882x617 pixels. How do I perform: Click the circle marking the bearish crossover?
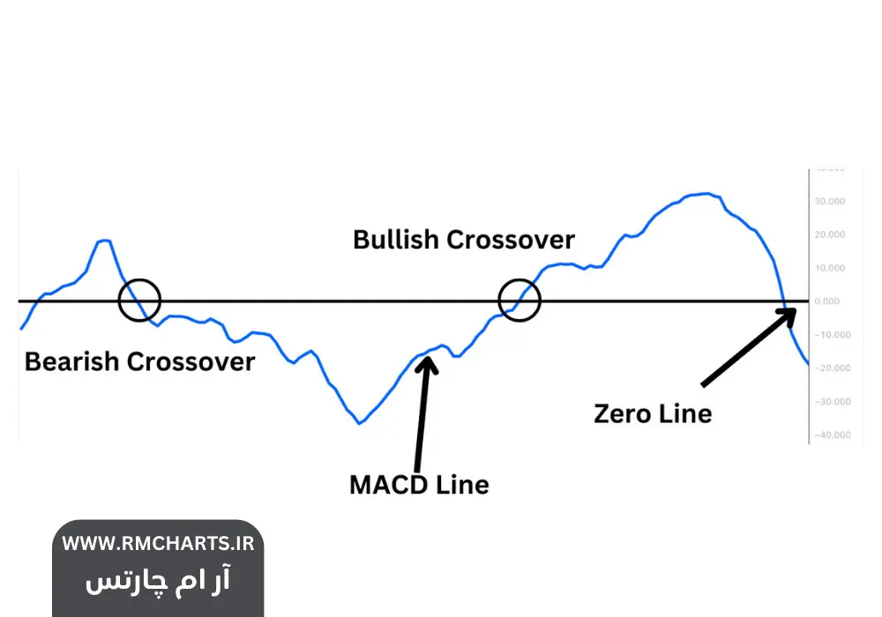(x=139, y=300)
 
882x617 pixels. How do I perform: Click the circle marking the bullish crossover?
(x=519, y=300)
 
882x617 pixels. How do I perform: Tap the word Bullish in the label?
(x=396, y=240)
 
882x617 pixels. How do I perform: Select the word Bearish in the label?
(x=71, y=361)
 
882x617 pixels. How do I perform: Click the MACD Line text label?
(x=419, y=484)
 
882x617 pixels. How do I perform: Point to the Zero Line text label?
(x=653, y=413)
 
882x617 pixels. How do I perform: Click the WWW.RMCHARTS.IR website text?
(x=158, y=544)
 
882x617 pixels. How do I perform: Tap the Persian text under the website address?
(x=158, y=581)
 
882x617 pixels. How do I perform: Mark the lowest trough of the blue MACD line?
(x=359, y=423)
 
